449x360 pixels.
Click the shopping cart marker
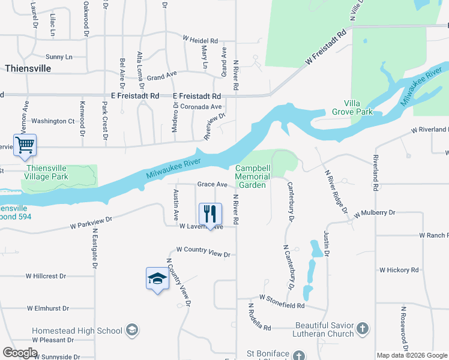point(25,145)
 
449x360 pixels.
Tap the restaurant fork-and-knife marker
point(210,214)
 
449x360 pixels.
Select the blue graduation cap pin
point(157,279)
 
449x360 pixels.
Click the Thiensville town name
point(28,68)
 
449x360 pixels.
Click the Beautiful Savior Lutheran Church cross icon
point(362,328)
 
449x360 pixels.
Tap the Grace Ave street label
point(213,184)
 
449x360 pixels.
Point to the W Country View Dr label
point(203,251)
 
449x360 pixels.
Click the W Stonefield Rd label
point(282,302)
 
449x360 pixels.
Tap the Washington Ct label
point(53,121)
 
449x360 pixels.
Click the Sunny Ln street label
point(59,57)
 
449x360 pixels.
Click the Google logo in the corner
point(20,353)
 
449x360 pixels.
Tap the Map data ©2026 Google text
point(412,355)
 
